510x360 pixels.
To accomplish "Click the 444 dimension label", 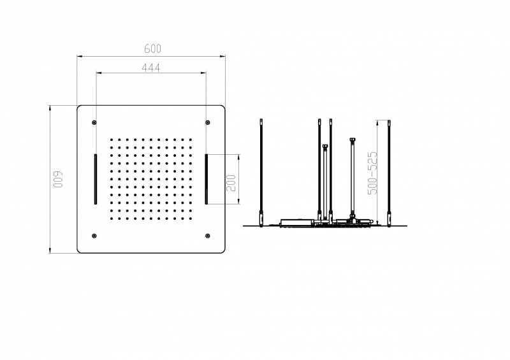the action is pos(151,68).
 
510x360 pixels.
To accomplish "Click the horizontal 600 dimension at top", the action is pos(152,48).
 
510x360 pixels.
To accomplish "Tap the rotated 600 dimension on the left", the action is pos(58,179).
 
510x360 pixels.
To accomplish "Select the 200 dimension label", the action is pos(231,183).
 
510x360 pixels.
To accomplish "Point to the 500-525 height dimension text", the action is pos(373,173).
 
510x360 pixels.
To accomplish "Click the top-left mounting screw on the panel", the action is pos(94,122).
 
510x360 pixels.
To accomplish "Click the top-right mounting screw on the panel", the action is pos(208,122).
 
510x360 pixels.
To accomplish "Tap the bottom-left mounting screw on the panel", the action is pos(94,236).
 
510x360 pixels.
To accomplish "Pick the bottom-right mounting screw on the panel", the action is pos(208,236).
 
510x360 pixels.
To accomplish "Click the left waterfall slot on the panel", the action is pos(95,179).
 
